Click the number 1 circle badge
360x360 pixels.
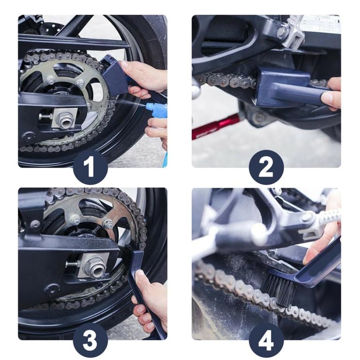point(90,167)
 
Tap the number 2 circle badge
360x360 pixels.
point(266,167)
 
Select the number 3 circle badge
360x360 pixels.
point(90,340)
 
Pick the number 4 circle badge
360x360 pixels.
point(266,340)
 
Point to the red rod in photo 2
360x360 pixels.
point(215,127)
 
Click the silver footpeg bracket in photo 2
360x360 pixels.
point(291,32)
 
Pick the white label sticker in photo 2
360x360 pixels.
point(322,23)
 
